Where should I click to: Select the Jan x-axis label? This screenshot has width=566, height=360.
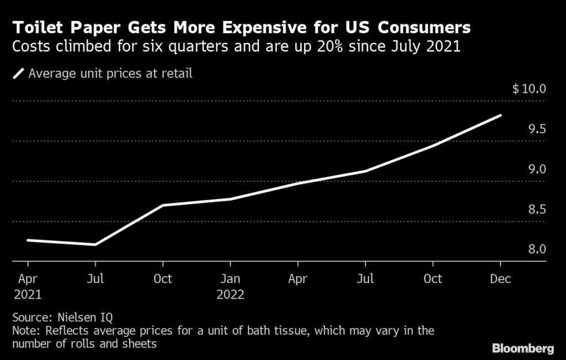230,279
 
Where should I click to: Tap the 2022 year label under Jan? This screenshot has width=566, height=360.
230,294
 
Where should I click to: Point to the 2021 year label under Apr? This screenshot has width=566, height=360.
28,294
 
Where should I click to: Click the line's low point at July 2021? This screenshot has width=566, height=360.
96,244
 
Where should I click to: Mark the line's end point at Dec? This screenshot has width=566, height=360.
500,116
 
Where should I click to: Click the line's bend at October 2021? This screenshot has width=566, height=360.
163,205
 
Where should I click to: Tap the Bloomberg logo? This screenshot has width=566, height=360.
522,348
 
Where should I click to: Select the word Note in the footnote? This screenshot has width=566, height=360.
23,331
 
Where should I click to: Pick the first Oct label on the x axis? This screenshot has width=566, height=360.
163,279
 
